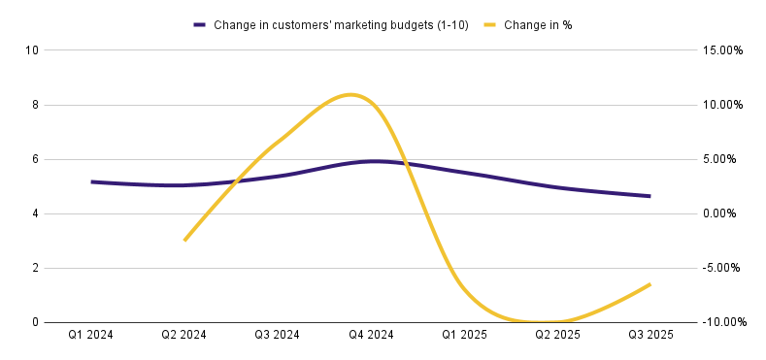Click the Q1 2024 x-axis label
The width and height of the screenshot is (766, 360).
[91, 335]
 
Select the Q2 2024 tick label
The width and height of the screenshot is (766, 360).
[184, 335]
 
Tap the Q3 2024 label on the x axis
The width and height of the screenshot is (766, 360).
[278, 335]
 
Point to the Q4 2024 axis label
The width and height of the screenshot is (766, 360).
[371, 335]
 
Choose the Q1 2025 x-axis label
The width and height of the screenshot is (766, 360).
[464, 335]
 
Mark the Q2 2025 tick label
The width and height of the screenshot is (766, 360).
[557, 335]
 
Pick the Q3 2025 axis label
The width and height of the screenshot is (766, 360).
[650, 335]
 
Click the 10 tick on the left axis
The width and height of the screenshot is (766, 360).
[31, 50]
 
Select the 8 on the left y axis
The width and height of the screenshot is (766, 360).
[34, 105]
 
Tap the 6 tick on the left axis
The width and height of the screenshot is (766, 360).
[34, 159]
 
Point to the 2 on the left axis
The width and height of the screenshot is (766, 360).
[34, 268]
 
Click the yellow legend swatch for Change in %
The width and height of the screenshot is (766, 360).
[491, 25]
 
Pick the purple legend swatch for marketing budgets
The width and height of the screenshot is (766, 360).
[200, 25]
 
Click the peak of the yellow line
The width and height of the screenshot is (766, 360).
[350, 94]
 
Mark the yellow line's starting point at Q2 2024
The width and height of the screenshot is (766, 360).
[184, 241]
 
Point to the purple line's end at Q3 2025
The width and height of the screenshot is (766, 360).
[649, 196]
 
